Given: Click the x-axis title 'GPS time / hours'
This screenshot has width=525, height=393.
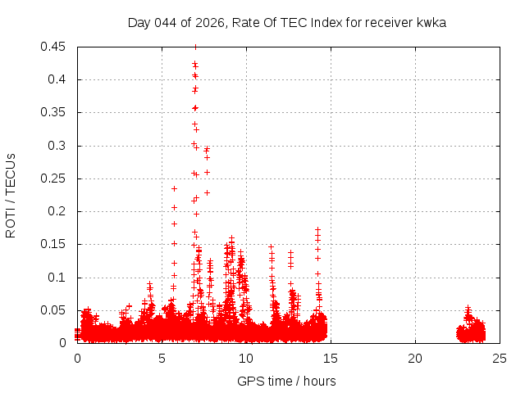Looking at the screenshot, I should click(x=286, y=381).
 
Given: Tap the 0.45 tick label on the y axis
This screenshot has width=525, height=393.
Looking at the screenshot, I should click(x=54, y=47).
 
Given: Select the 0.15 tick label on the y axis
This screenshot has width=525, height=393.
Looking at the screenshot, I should click(x=54, y=244).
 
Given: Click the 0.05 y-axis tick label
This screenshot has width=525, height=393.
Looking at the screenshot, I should click(x=54, y=310).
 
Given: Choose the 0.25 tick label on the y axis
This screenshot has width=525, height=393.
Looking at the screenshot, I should click(x=54, y=178).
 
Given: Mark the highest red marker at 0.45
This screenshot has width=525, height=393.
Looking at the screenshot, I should click(x=195, y=47).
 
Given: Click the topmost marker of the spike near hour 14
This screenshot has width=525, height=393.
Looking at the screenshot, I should click(x=317, y=230).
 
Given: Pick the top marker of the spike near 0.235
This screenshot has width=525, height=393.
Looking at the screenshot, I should click(x=174, y=188).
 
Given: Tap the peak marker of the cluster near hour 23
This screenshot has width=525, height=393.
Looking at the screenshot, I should click(x=468, y=308).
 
